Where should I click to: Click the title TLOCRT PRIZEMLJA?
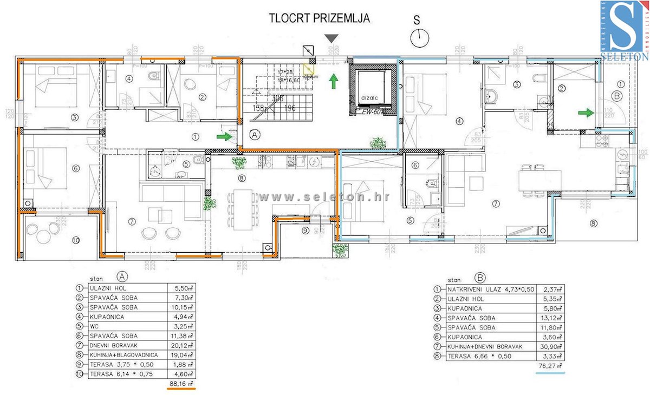click(x=320, y=18)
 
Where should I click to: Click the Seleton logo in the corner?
click(x=625, y=30)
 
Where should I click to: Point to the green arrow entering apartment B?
click(x=585, y=113)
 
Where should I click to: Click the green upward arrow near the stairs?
click(x=334, y=82)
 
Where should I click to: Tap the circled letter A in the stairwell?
click(x=253, y=134)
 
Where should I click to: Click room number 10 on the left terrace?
click(x=76, y=240)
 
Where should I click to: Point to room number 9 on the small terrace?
click(x=305, y=231)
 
